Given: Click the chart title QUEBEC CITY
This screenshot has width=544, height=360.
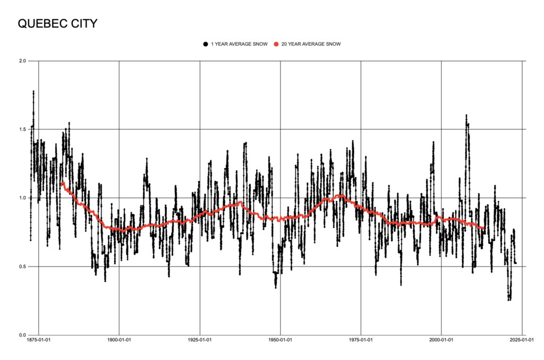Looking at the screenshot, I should tap(58, 24).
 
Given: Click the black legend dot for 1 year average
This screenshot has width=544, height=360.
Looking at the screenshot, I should tap(205, 44).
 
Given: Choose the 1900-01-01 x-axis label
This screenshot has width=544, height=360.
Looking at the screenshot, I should tap(119, 340).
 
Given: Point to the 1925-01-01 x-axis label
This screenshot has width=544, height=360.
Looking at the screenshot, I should tap(200, 340).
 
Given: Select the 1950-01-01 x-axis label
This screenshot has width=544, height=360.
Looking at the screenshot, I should tap(280, 340).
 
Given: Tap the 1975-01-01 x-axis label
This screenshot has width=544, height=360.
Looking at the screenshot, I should tap(361, 340).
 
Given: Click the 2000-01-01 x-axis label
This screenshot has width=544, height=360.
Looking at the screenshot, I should tap(442, 340).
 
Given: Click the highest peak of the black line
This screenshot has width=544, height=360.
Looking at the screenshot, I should tap(33, 91).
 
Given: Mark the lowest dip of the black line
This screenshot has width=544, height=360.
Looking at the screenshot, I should tap(509, 300).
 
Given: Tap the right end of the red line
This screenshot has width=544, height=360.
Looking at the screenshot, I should tap(483, 228).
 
